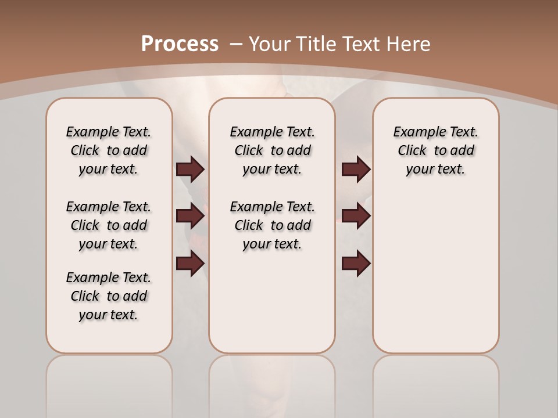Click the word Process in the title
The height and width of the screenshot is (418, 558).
pos(180,44)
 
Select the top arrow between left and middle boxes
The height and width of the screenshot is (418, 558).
pos(190,169)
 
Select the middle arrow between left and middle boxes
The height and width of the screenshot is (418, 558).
pos(190,216)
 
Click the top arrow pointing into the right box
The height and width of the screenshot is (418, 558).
pos(356,169)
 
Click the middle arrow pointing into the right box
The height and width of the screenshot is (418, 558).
pos(356,216)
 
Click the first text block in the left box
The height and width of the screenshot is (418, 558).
pos(109,150)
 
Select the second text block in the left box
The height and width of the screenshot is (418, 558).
pos(109,225)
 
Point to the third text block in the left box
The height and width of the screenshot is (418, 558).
pos(109,296)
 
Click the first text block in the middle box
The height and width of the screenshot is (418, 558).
pos(272,150)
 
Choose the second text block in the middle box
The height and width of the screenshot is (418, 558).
pos(272,225)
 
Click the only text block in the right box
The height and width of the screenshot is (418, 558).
pos(435,150)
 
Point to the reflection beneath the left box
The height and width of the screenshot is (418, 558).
pos(109,383)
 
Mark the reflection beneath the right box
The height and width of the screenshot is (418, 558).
pos(435,383)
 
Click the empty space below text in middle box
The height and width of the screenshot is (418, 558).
pos(272,302)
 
